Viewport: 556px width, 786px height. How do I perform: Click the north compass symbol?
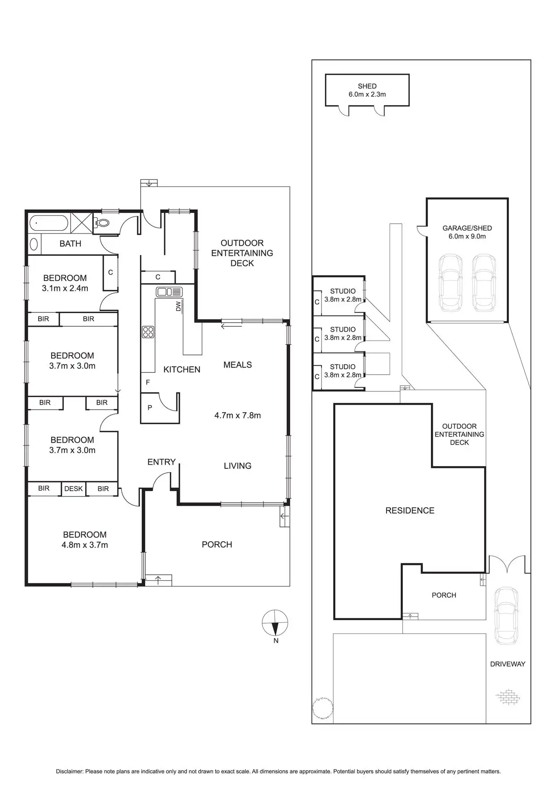(275, 622)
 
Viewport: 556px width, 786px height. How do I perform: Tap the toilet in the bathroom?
(103, 222)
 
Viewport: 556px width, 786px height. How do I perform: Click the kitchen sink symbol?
(169, 292)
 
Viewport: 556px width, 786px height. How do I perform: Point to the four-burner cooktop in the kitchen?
(148, 332)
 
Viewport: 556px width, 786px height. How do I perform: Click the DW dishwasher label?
(178, 307)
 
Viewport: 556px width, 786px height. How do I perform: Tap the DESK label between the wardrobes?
(74, 488)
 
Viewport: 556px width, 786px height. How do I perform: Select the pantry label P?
(150, 408)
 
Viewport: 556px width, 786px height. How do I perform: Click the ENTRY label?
(161, 462)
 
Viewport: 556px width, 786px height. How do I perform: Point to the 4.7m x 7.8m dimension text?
(238, 415)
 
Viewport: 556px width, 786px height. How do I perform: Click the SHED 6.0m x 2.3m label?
(367, 90)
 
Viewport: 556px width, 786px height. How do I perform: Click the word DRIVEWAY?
(507, 664)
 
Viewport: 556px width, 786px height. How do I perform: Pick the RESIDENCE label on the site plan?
(410, 510)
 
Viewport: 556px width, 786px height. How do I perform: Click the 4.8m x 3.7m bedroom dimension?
(85, 545)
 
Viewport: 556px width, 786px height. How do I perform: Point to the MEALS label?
(238, 365)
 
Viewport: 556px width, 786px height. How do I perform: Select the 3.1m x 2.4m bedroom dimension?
(65, 288)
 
